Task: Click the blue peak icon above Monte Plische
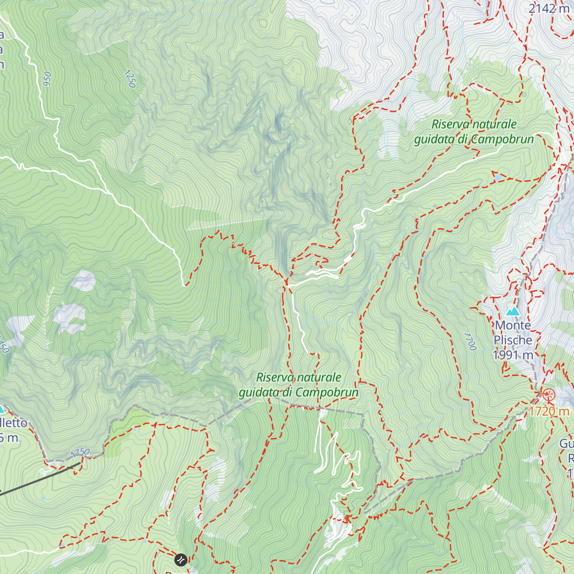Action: tap(513, 311)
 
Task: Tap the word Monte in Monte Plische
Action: tap(513, 325)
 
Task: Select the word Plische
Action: tap(513, 340)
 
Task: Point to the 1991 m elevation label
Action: tap(513, 355)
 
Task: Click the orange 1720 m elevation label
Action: tap(549, 411)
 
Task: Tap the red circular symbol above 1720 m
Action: tap(548, 395)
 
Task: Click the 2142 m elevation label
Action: tap(549, 8)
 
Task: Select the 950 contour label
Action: tap(47, 79)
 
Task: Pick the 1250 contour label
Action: tap(130, 79)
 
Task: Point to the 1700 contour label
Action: tap(470, 342)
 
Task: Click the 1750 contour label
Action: tap(80, 452)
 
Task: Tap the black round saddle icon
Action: tap(181, 559)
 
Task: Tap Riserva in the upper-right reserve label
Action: tap(449, 124)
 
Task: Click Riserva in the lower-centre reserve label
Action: tap(273, 377)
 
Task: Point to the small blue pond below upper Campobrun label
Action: tap(498, 177)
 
